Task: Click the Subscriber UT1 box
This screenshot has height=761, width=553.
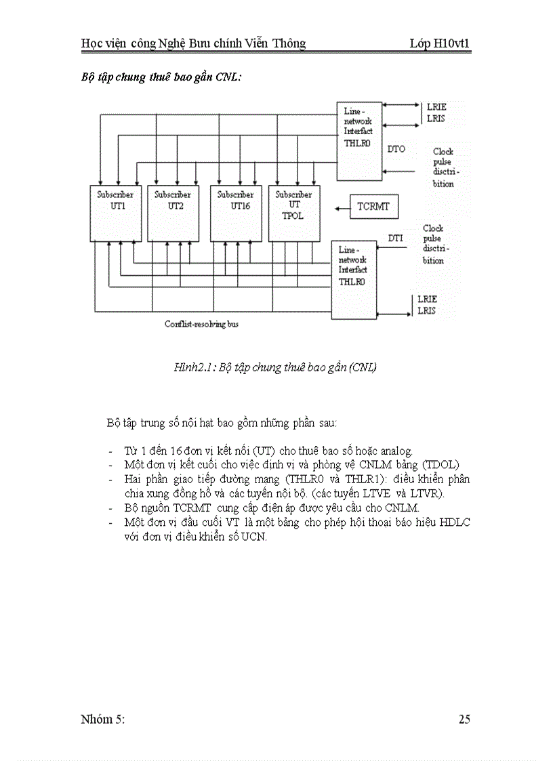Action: coord(115,212)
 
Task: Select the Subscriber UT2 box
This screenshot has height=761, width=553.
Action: coord(173,212)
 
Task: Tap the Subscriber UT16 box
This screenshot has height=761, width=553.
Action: coord(236,212)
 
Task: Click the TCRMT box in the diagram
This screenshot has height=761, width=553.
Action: coord(373,206)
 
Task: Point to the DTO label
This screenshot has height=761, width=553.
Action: coord(396,148)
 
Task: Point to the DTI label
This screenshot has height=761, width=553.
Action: coord(395,238)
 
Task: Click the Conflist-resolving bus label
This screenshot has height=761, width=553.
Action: coord(201,324)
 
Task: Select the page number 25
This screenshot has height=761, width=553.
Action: coord(464,720)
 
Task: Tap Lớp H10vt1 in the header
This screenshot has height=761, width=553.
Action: coord(440,44)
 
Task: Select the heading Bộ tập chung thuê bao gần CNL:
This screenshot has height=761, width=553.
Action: coord(161,77)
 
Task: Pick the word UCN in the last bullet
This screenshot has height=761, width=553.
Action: coord(254,537)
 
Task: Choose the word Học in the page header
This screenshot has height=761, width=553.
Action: coord(92,44)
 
